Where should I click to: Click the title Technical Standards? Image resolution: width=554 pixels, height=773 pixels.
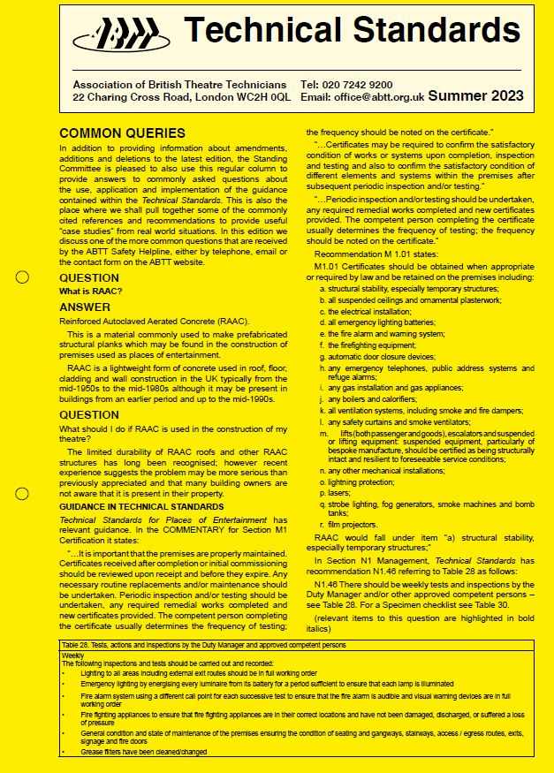tap(352, 31)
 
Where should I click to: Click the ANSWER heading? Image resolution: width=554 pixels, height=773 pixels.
tap(85, 307)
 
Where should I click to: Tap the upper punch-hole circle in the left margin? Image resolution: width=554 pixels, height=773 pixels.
tap(23, 277)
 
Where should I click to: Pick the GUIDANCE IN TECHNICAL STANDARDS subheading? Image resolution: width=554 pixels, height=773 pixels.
tap(130, 506)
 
